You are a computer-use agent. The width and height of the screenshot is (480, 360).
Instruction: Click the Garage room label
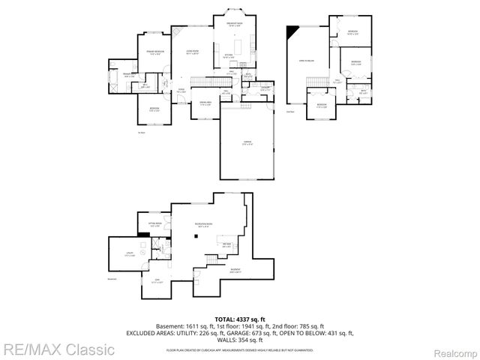coord(247,144)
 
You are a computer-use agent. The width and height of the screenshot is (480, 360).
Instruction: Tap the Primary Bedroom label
coord(155,52)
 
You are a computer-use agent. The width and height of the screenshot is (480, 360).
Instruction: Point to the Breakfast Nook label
coord(235,25)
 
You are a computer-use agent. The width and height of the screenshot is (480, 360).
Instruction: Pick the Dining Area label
coord(204,103)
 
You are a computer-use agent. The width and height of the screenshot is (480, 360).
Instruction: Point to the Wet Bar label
coord(226,244)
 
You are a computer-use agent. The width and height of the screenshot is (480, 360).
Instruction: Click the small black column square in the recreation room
coord(196,237)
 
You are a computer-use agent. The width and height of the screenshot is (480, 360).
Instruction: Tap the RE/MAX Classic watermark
coord(58,349)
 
